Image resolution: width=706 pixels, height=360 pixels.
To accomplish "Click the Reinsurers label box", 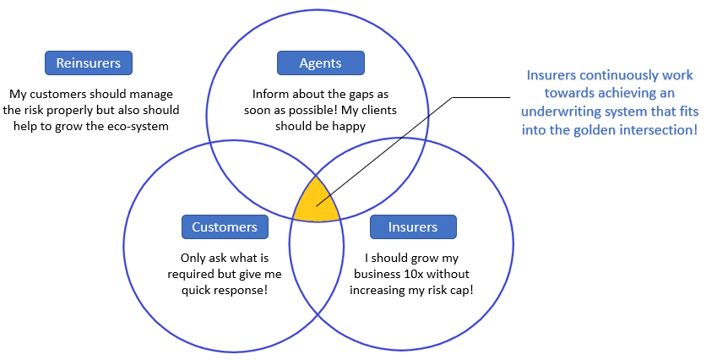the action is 89,63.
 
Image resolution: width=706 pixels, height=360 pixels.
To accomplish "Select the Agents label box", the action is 321,63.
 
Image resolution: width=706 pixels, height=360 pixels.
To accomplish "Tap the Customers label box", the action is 225,226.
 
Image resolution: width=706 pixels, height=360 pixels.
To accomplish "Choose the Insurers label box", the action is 413,226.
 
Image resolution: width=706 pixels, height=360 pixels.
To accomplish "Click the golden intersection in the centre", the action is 317,201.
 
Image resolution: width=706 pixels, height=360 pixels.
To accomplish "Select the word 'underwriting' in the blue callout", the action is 558,112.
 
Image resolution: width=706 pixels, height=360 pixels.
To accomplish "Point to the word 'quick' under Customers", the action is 196,290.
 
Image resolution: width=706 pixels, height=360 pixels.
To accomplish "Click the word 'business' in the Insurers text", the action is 377,274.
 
